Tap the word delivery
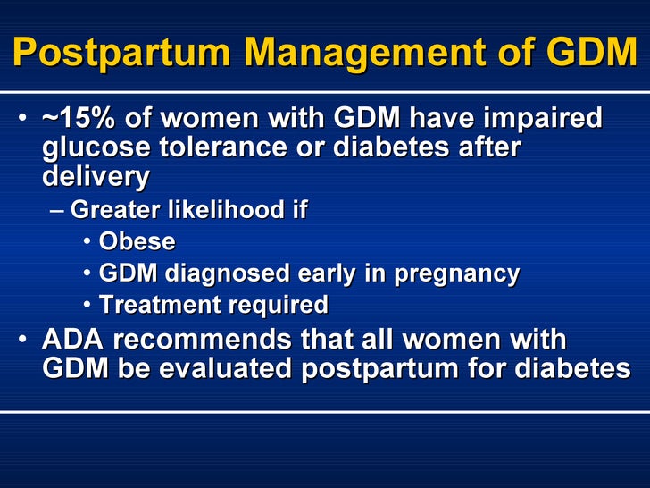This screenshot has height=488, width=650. click(96, 176)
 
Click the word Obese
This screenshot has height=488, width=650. click(137, 241)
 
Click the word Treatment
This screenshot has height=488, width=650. click(161, 305)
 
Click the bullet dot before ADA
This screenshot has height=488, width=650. click(24, 340)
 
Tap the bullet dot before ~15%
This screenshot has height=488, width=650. click(24, 119)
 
